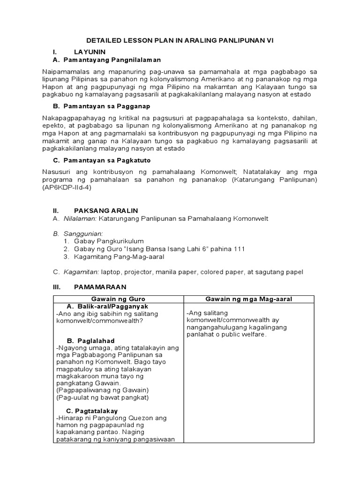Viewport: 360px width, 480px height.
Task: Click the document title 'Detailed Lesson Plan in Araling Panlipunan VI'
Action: pos(180,41)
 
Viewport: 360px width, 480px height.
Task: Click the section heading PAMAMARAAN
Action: pos(100,286)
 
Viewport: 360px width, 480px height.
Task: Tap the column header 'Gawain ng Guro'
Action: pos(117,299)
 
